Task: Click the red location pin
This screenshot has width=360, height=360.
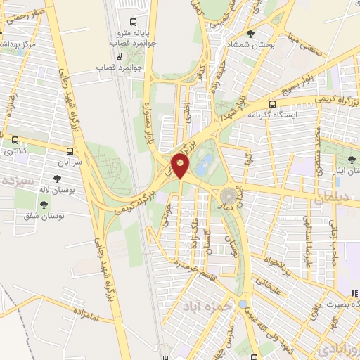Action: tap(181, 167)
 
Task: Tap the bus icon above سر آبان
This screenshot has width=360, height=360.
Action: tap(69, 150)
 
